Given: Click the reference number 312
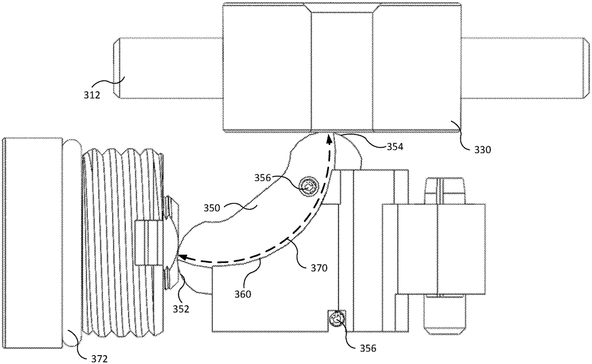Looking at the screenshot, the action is click(92, 95).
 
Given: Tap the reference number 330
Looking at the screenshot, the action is click(482, 150).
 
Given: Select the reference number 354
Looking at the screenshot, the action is click(395, 147).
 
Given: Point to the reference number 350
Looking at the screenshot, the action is click(212, 208).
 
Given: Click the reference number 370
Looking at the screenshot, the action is click(319, 268).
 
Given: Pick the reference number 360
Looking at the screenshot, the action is click(243, 294).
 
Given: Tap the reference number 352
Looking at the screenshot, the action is click(181, 309).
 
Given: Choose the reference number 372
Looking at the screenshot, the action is click(99, 359).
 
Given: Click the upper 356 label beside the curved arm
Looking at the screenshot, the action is click(262, 178).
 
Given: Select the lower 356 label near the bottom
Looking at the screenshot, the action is click(368, 348).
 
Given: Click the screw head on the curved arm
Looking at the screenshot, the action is click(308, 187).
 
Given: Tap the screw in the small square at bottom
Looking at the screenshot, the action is click(336, 321).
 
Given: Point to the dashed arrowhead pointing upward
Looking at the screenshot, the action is click(330, 139).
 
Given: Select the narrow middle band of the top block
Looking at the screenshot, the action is click(342, 68).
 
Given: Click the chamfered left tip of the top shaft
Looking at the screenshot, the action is click(116, 68).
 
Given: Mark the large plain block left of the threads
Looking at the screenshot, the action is click(33, 243).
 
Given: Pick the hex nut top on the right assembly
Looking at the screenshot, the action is click(445, 191).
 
